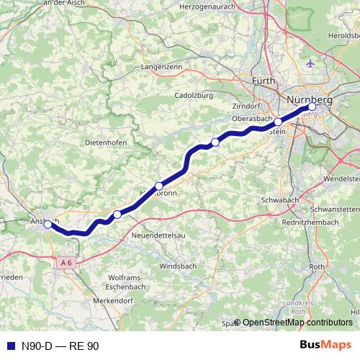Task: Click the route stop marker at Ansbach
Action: tap(48, 224)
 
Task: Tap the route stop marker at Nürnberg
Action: tap(312, 107)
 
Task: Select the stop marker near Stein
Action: tap(278, 122)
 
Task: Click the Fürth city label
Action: tap(264, 82)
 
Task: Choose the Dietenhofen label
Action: tap(106, 143)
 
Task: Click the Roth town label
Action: tap(317, 266)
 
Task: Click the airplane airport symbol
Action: tap(311, 63)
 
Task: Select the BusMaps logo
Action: tap(325, 346)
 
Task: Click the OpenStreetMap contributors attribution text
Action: tap(297, 323)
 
